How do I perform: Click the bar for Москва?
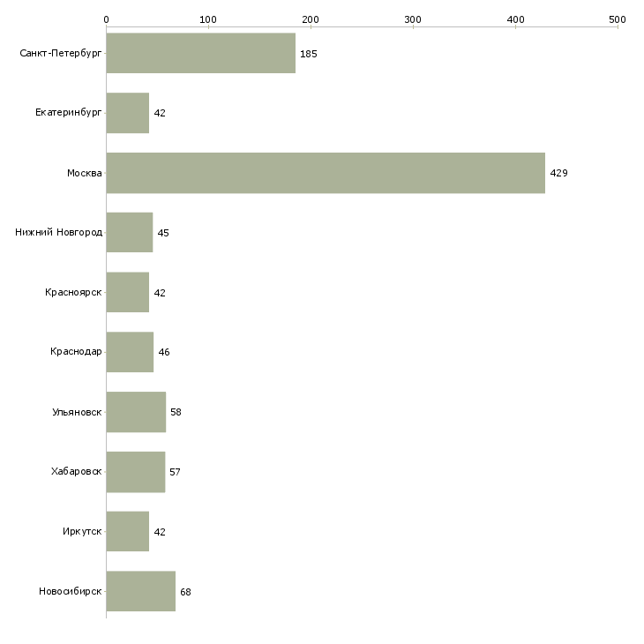point(326,173)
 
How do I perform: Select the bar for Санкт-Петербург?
point(201,54)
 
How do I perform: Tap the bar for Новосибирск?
point(141,592)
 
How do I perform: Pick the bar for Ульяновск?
point(136,412)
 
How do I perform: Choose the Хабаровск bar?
point(136,472)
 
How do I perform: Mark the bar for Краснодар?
point(130,352)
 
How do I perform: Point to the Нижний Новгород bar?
point(130,233)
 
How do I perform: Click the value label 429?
point(558,173)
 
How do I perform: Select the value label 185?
point(308,54)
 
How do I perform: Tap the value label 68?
point(185,592)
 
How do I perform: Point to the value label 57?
point(175,472)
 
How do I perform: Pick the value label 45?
point(163,233)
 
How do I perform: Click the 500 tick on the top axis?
point(618,19)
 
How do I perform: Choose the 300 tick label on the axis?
point(413,19)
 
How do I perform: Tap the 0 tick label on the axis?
point(107,19)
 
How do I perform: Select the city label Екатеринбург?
point(69,113)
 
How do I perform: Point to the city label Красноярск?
point(74,293)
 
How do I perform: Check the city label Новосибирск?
point(71,592)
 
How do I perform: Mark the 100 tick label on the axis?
point(208,19)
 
